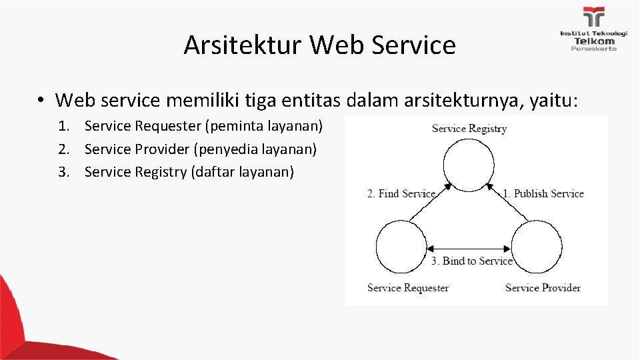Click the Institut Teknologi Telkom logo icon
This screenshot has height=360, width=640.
tap(593, 18)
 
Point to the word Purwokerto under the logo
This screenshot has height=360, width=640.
tap(593, 49)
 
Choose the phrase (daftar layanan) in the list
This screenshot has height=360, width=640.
tap(242, 172)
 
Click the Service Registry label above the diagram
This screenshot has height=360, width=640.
tap(469, 129)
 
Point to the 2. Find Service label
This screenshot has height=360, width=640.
tap(401, 194)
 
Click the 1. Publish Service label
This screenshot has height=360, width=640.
tap(543, 194)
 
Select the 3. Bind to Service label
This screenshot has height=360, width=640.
tap(472, 261)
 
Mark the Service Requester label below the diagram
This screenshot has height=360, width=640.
tap(408, 288)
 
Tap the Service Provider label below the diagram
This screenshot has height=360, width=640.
tap(543, 288)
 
